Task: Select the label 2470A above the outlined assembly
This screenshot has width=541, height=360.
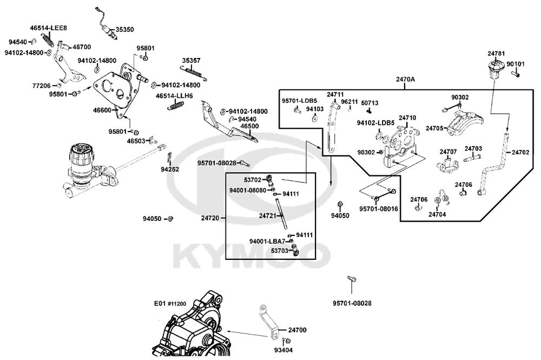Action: click(405, 79)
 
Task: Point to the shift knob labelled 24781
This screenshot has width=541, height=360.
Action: click(494, 69)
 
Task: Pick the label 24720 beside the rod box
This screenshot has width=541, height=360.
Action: click(210, 218)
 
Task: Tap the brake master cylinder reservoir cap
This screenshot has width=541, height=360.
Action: click(78, 152)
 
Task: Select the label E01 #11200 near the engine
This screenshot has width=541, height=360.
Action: click(170, 304)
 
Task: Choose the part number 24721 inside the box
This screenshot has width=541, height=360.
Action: click(268, 215)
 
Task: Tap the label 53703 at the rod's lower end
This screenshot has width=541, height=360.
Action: click(279, 251)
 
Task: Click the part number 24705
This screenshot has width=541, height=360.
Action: click(434, 128)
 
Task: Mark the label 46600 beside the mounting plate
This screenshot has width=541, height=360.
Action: click(102, 110)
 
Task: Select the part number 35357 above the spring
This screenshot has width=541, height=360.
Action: click(191, 61)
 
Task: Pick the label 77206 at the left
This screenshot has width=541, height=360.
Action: click(41, 86)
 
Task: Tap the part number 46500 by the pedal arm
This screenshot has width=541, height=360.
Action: click(249, 126)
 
